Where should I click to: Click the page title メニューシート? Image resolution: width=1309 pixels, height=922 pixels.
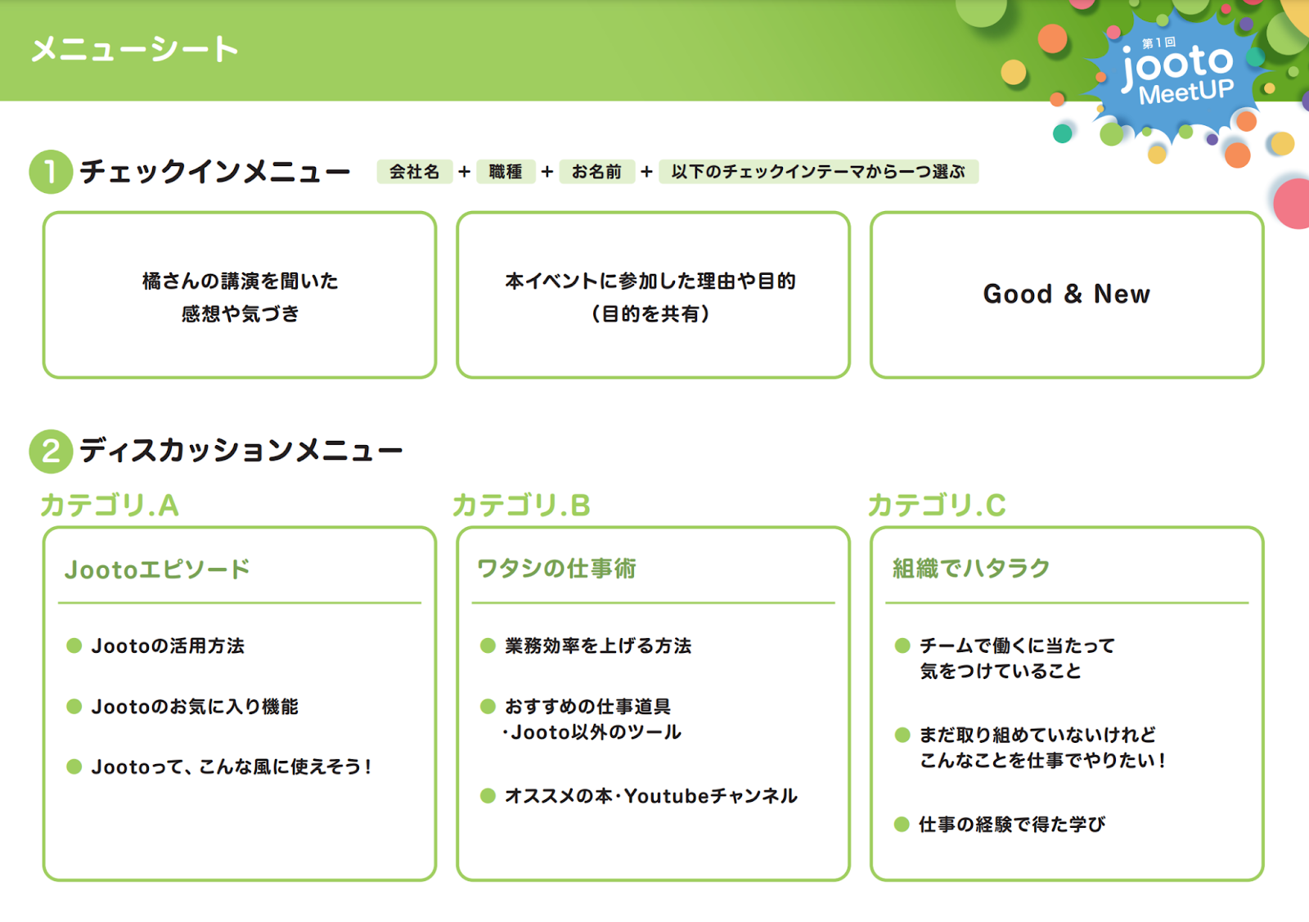click(135, 49)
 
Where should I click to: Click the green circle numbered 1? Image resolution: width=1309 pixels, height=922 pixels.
click(51, 172)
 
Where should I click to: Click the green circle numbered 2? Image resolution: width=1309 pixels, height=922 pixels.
click(51, 451)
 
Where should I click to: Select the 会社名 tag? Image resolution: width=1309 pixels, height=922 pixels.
click(414, 172)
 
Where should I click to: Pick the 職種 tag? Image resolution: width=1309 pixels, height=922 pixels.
click(506, 172)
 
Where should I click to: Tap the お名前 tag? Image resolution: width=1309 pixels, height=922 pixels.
click(596, 172)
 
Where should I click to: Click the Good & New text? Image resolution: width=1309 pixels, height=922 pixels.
click(1067, 294)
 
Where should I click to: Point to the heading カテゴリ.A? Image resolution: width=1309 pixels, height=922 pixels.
click(110, 506)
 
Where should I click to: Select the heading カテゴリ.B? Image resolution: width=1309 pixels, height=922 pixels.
click(522, 506)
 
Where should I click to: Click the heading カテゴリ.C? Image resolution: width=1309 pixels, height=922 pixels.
click(937, 506)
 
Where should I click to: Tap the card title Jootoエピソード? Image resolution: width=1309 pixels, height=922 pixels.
click(157, 569)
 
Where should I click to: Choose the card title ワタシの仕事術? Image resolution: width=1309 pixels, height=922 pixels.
click(557, 569)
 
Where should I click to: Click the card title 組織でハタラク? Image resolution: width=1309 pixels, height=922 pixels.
click(971, 569)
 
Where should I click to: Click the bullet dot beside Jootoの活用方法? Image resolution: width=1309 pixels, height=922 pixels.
click(74, 645)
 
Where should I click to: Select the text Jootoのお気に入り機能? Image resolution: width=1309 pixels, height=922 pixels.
click(195, 706)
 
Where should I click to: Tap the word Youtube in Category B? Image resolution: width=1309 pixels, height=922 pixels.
click(667, 796)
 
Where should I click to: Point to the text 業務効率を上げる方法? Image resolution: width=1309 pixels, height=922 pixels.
click(598, 645)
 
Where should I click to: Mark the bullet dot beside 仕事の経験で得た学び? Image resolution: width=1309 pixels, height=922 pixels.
click(902, 825)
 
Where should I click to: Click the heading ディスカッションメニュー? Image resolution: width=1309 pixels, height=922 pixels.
click(241, 451)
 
